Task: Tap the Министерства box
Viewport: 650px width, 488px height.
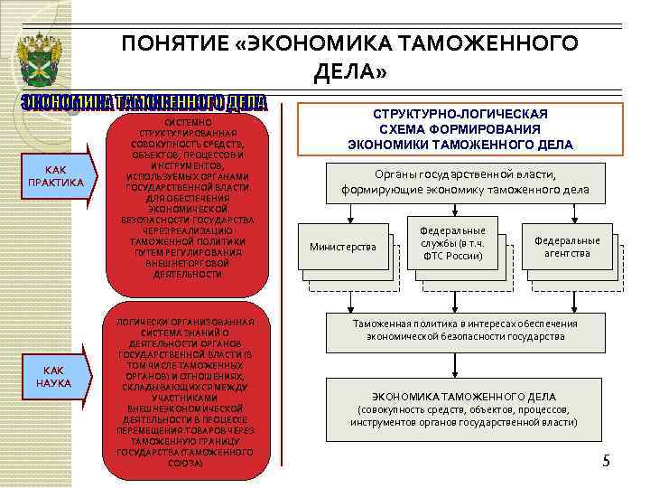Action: [343, 247]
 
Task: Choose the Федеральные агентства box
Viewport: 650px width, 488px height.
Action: [567, 247]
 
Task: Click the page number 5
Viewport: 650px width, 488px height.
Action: [607, 462]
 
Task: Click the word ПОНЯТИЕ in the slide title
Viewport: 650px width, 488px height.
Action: [174, 44]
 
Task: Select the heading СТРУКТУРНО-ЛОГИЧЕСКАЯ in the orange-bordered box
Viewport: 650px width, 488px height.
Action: [460, 115]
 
